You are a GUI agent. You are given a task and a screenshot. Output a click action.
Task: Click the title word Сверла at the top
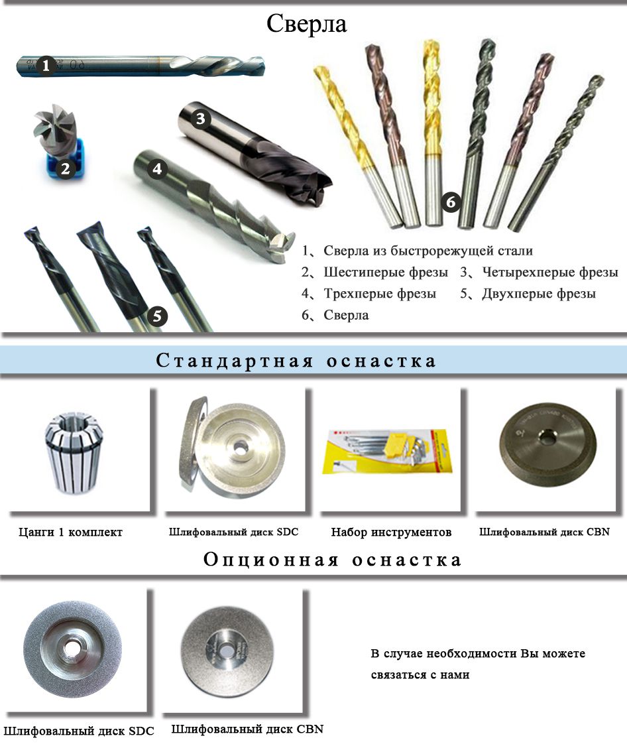click(306, 24)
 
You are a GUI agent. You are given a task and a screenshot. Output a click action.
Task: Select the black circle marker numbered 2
click(66, 169)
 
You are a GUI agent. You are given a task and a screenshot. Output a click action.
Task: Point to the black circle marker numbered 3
click(201, 118)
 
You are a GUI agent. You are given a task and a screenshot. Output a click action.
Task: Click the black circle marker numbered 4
click(156, 169)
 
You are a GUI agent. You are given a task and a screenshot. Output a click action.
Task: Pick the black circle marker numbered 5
click(158, 316)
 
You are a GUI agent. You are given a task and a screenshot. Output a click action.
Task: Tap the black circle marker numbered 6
click(451, 202)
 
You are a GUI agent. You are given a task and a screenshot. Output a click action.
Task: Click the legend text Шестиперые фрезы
click(386, 272)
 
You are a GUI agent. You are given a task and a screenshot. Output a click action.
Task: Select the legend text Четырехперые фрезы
click(550, 272)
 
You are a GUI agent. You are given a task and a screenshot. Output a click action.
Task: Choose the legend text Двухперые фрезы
click(539, 293)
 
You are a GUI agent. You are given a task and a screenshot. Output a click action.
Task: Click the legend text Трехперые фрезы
click(380, 293)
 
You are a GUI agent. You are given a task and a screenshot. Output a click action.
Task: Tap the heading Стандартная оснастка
click(296, 361)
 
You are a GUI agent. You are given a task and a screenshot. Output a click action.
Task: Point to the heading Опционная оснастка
click(332, 559)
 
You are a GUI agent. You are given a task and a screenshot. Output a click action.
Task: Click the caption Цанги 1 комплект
click(71, 533)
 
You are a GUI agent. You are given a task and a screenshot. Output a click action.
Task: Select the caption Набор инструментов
click(391, 533)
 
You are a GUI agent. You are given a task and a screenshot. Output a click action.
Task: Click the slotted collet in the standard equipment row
click(74, 452)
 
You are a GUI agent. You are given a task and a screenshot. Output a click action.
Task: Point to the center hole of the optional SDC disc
click(72, 648)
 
